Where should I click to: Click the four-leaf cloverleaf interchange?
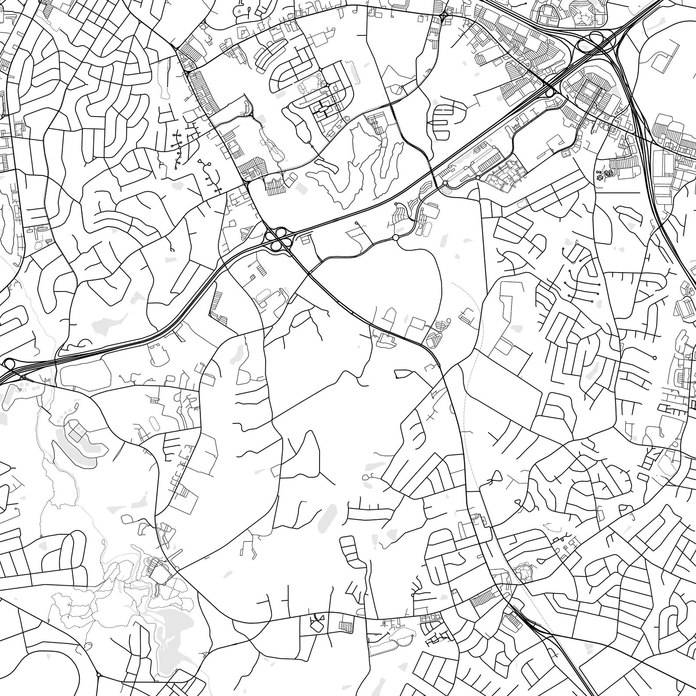[x=277, y=238]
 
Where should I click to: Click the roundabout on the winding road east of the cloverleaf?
[x=396, y=237]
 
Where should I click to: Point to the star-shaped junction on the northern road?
[x=444, y=15]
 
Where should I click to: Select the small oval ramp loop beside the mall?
[x=549, y=93]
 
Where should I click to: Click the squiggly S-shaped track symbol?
[x=609, y=174]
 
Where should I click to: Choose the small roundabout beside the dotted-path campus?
[x=445, y=183]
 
